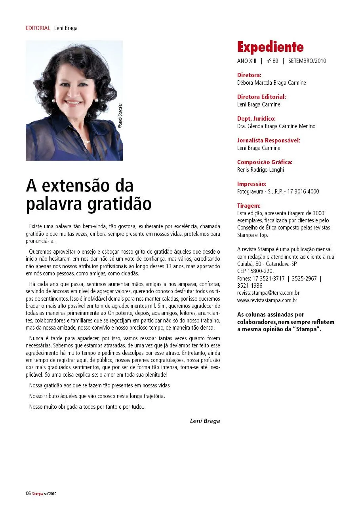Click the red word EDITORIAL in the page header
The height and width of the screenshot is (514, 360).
(x=38, y=28)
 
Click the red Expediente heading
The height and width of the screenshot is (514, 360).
(x=270, y=47)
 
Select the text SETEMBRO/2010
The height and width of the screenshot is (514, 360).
(x=307, y=61)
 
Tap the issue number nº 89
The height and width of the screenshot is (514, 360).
(x=272, y=61)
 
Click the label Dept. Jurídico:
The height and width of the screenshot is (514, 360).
(x=256, y=118)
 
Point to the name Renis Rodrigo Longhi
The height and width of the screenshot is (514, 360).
(x=260, y=170)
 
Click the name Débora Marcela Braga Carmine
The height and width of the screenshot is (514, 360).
(x=271, y=83)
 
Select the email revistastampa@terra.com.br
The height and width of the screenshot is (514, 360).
(x=268, y=293)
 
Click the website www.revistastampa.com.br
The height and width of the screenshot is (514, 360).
(x=267, y=300)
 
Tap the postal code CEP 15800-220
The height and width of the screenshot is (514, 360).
(x=255, y=271)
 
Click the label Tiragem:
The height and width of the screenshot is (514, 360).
(x=248, y=206)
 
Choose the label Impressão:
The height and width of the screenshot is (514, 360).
(x=251, y=184)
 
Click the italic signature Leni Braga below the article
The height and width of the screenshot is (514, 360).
(x=205, y=421)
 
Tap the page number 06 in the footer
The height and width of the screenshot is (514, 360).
(x=28, y=493)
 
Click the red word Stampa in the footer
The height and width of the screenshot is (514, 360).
(x=38, y=494)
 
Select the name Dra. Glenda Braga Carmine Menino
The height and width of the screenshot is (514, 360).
(x=276, y=126)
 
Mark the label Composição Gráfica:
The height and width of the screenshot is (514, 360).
(x=264, y=162)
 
